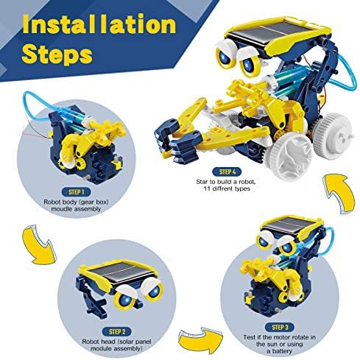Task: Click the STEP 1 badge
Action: click(x=76, y=192)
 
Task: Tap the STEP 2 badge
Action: click(x=117, y=332)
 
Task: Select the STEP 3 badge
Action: click(x=280, y=327)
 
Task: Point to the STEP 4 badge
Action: click(x=227, y=172)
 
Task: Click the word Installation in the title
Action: click(x=99, y=24)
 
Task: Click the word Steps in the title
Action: click(x=57, y=54)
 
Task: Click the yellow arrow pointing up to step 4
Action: click(x=341, y=194)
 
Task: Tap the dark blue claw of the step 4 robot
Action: click(x=177, y=141)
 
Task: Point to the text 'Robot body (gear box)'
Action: click(x=76, y=202)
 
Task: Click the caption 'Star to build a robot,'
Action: click(x=226, y=182)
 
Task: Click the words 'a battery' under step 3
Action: click(x=280, y=351)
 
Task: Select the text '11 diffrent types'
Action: click(x=227, y=188)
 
